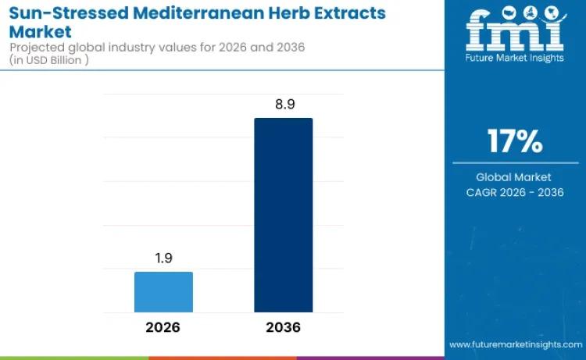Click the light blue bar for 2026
(x=163, y=292)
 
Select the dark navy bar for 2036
(x=283, y=215)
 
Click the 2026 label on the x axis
(x=163, y=326)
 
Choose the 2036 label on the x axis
(x=283, y=326)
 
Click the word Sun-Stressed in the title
(x=59, y=13)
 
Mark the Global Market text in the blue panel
(x=514, y=177)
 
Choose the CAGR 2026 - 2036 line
(x=514, y=193)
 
